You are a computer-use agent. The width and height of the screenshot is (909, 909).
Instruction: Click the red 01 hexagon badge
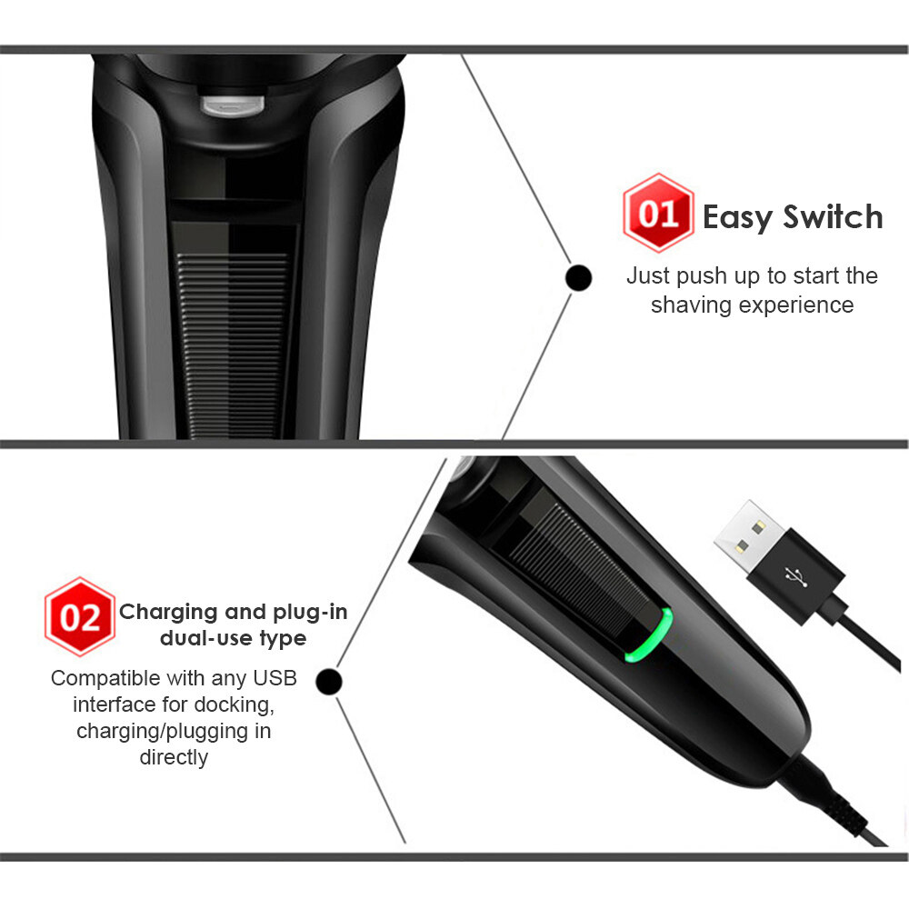[657, 215]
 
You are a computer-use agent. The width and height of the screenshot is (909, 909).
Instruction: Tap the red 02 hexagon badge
[79, 617]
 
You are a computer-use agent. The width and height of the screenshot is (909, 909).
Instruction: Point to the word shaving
[691, 305]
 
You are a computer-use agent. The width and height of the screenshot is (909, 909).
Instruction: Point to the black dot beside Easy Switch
[578, 277]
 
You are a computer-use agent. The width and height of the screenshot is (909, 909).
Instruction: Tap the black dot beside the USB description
[330, 680]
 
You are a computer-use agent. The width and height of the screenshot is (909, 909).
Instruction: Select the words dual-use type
[233, 638]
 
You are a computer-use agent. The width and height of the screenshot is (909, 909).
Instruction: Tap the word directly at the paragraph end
[174, 757]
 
